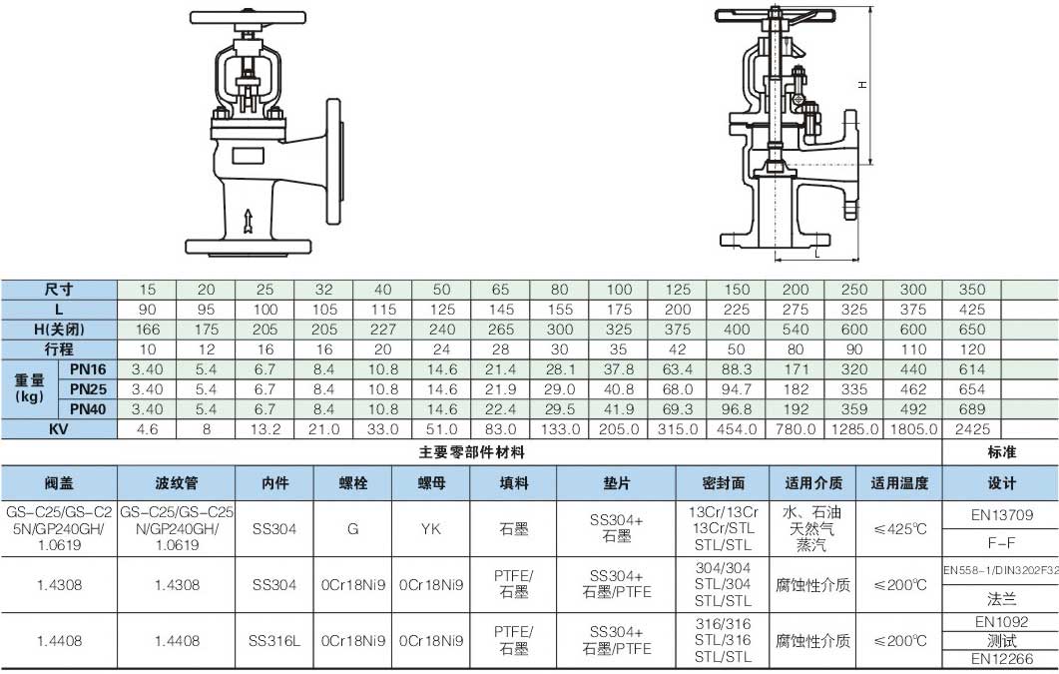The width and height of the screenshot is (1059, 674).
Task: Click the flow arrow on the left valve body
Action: tap(248, 221)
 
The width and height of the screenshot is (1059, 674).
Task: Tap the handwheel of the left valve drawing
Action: tap(248, 17)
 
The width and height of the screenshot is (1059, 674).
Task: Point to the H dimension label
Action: tap(862, 85)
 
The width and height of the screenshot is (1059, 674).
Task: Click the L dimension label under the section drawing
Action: tap(817, 254)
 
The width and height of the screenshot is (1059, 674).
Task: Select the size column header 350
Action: tap(972, 290)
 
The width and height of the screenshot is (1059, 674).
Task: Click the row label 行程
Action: tap(59, 349)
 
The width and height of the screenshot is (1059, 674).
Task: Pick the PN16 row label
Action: tap(89, 369)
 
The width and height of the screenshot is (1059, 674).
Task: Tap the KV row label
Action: tap(59, 428)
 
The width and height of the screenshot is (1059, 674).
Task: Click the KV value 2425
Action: tap(972, 428)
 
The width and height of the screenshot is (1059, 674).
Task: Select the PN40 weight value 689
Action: tap(972, 409)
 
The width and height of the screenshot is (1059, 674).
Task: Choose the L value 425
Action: tap(972, 310)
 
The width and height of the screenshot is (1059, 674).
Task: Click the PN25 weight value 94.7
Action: tap(737, 389)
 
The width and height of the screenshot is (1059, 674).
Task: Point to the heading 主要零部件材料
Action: tap(471, 452)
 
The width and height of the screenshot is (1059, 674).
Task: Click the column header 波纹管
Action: tap(177, 483)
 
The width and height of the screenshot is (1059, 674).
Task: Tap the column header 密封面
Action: tap(723, 483)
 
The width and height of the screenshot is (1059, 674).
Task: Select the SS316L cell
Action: tap(274, 641)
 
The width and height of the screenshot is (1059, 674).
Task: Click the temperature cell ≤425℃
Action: tap(899, 529)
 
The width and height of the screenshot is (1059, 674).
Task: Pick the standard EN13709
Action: tap(1001, 515)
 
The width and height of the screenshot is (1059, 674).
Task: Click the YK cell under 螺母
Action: tap(431, 529)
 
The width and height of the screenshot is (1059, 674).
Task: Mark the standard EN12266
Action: tap(1001, 659)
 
